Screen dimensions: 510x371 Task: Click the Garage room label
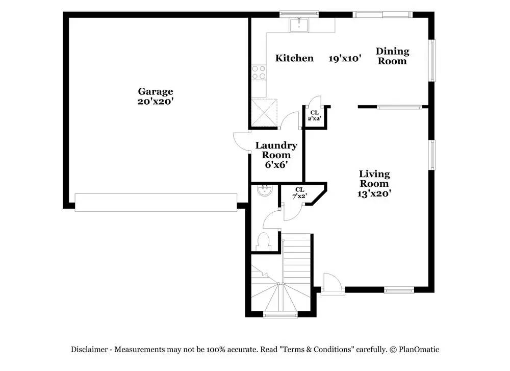pyautogui.click(x=155, y=91)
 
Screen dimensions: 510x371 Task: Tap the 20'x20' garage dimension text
pyautogui.click(x=155, y=101)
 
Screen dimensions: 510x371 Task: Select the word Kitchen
pyautogui.click(x=294, y=58)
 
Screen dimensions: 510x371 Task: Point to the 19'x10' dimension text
pyautogui.click(x=345, y=59)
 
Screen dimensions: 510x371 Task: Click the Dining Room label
pyautogui.click(x=392, y=56)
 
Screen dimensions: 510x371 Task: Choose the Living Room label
pyautogui.click(x=374, y=179)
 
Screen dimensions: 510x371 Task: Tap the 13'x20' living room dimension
pyautogui.click(x=374, y=193)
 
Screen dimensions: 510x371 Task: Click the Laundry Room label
pyautogui.click(x=276, y=150)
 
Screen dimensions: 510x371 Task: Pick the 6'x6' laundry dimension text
pyautogui.click(x=276, y=165)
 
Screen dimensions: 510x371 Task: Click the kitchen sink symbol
pyautogui.click(x=299, y=25)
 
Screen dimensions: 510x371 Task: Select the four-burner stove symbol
pyautogui.click(x=259, y=72)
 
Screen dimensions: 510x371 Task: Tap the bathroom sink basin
pyautogui.click(x=264, y=190)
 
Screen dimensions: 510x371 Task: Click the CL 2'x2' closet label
pyautogui.click(x=315, y=116)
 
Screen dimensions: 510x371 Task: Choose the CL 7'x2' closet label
pyautogui.click(x=299, y=193)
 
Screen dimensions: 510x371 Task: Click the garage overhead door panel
pyautogui.click(x=156, y=203)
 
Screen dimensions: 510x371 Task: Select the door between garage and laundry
pyautogui.click(x=241, y=141)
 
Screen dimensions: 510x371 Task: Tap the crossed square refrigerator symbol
pyautogui.click(x=264, y=112)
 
